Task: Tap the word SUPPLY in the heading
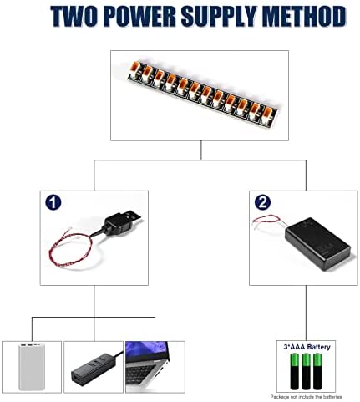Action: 218,17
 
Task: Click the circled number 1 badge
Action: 53,202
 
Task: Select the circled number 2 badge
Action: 262,202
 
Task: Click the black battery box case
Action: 318,243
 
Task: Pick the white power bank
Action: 31,367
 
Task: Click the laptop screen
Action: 147,351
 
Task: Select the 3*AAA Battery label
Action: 307,347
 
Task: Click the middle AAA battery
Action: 306,371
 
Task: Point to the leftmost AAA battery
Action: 295,371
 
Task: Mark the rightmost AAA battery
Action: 317,371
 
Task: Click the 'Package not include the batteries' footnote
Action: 306,397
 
